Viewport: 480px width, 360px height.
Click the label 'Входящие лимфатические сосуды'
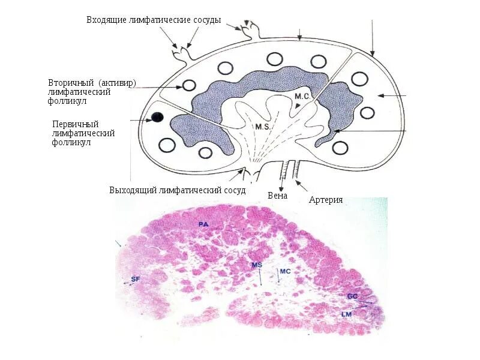click(x=154, y=20)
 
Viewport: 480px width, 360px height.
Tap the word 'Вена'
click(x=278, y=196)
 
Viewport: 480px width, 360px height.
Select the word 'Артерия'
click(x=326, y=200)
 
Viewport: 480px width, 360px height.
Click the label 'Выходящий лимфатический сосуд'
click(x=178, y=190)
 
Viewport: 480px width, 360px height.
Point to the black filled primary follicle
click(x=157, y=118)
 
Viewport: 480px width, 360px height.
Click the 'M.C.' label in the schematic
click(x=301, y=96)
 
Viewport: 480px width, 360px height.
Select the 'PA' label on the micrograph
click(x=203, y=224)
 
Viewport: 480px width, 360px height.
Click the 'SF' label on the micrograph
click(x=135, y=280)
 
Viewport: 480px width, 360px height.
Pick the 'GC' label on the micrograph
click(x=352, y=296)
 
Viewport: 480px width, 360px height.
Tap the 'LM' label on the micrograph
click(x=346, y=314)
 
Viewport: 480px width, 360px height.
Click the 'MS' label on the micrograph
click(x=257, y=265)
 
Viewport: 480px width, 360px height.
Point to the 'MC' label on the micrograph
click(x=285, y=272)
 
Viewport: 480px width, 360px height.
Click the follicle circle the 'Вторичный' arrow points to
click(x=189, y=86)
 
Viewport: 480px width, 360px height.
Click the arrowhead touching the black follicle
click(x=148, y=119)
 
